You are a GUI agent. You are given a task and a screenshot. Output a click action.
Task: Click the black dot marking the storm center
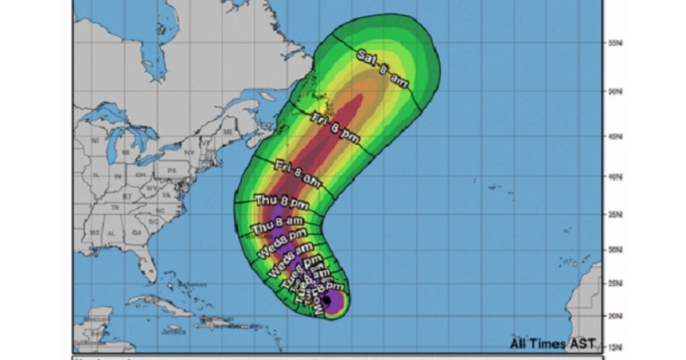click(x=327, y=299)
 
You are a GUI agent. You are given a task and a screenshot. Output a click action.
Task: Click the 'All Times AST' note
click(x=553, y=343)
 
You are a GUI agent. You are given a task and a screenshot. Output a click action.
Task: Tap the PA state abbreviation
click(x=171, y=170)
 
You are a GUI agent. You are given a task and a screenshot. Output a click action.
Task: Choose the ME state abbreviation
click(x=228, y=131)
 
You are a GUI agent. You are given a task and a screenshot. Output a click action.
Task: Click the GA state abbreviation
click(x=136, y=233)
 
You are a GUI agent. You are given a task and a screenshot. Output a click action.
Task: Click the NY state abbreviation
click(x=189, y=153)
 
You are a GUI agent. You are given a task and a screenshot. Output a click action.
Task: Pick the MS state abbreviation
click(x=94, y=234)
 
